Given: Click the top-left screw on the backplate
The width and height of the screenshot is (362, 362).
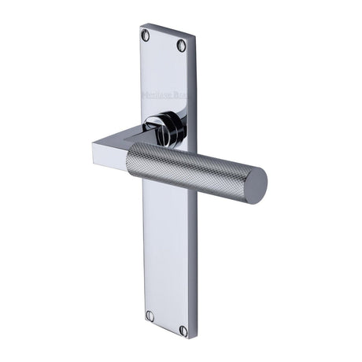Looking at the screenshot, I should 145,35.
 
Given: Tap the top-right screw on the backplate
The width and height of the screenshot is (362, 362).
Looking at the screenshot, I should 182,46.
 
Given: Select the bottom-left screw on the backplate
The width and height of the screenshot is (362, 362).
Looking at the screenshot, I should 150,316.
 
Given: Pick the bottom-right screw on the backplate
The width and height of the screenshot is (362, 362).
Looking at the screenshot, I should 183,331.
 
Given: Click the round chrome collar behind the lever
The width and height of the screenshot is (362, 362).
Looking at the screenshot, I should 168,126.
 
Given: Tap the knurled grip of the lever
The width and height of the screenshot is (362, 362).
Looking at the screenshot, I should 189,168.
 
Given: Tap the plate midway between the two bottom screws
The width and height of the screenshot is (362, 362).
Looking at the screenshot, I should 166,323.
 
